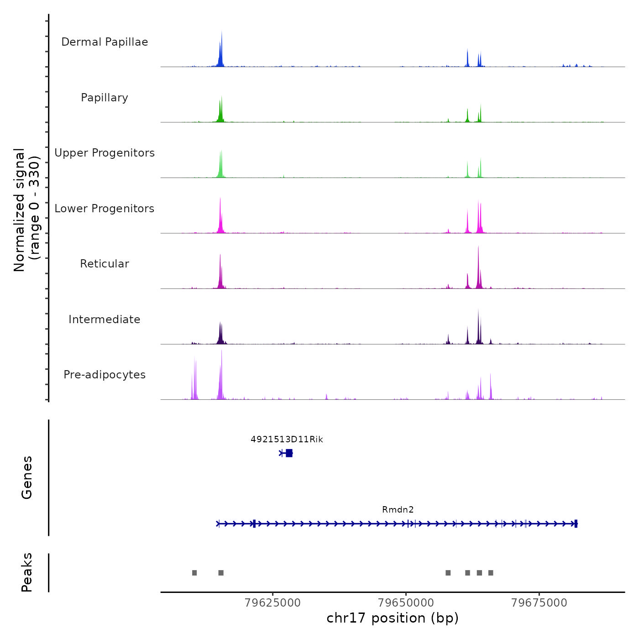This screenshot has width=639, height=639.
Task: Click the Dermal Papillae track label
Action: pyautogui.click(x=105, y=42)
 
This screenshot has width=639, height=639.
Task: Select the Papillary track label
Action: pyautogui.click(x=105, y=98)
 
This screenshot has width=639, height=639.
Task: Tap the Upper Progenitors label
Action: pyautogui.click(x=105, y=153)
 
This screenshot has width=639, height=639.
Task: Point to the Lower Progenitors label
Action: pyautogui.click(x=105, y=209)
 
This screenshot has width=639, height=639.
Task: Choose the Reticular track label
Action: pyautogui.click(x=105, y=264)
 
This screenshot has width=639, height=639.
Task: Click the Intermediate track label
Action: pyautogui.click(x=105, y=319)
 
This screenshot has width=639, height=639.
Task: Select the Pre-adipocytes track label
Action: pyautogui.click(x=105, y=375)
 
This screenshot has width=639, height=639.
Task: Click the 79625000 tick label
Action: pyautogui.click(x=272, y=602)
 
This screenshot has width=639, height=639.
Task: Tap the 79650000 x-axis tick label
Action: pyautogui.click(x=406, y=602)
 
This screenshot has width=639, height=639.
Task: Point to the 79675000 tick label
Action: pyautogui.click(x=539, y=602)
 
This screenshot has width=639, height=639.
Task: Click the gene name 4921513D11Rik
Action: pyautogui.click(x=287, y=440)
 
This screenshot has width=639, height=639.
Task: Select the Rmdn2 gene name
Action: pyautogui.click(x=398, y=510)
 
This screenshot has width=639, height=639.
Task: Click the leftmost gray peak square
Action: pyautogui.click(x=194, y=573)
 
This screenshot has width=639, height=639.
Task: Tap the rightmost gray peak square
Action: pyautogui.click(x=491, y=573)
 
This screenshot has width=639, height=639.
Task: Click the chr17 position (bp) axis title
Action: pyautogui.click(x=393, y=618)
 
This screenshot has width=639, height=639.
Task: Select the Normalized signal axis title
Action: pyautogui.click(x=26, y=210)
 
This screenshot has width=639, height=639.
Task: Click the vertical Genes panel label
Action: pyautogui.click(x=27, y=477)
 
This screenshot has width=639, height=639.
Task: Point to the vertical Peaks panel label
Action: pyautogui.click(x=27, y=572)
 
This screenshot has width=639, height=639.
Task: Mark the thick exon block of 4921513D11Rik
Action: pyautogui.click(x=289, y=453)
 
